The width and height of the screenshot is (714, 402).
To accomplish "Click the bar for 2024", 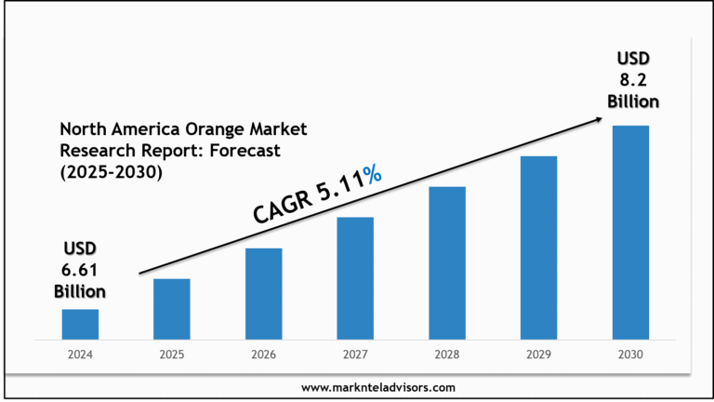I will [x=80, y=324].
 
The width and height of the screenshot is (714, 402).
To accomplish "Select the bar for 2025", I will [x=172, y=309].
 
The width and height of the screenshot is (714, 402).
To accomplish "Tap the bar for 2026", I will [x=263, y=293].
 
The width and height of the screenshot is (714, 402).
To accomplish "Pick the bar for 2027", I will [x=355, y=277].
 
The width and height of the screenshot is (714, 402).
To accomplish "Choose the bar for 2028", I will [x=447, y=262].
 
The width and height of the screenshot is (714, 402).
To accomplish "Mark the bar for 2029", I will [x=538, y=247].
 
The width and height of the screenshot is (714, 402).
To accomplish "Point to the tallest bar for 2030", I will [x=630, y=232].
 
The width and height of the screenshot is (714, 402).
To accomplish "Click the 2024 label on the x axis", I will [x=80, y=355].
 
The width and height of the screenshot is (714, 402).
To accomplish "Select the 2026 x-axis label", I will [x=263, y=355].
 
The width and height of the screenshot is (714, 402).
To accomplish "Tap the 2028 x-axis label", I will [x=447, y=355].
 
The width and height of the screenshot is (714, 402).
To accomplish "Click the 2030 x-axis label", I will [x=630, y=355].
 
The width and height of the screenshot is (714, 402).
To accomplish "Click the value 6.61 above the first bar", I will [x=80, y=270].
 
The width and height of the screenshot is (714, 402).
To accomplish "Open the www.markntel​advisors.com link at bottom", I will [x=378, y=386].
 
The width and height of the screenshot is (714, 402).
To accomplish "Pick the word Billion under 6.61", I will [x=79, y=291].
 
